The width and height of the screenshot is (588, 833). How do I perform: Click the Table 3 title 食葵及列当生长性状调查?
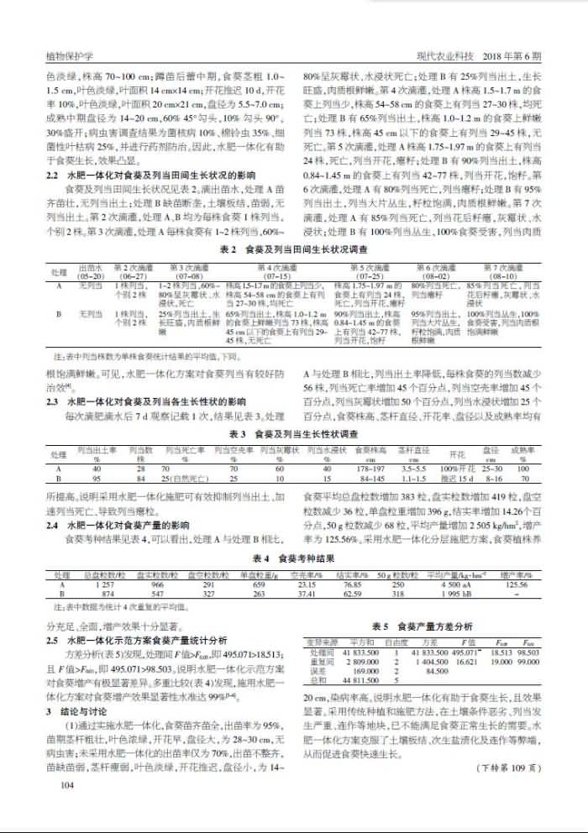[x=293, y=434]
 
